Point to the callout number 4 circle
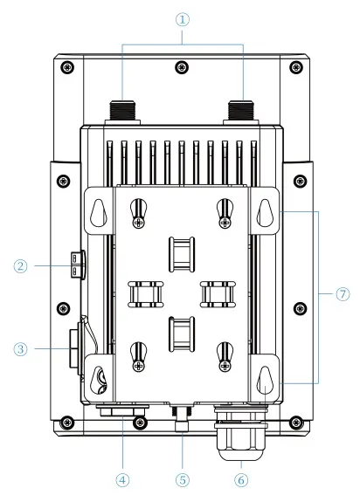[x=122, y=478]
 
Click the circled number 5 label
[x=181, y=478]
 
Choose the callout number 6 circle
[x=240, y=478]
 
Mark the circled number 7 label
[x=341, y=294]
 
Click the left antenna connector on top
[x=120, y=111]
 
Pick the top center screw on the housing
[x=180, y=67]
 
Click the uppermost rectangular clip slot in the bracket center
[x=181, y=253]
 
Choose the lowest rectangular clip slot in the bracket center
[x=181, y=333]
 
